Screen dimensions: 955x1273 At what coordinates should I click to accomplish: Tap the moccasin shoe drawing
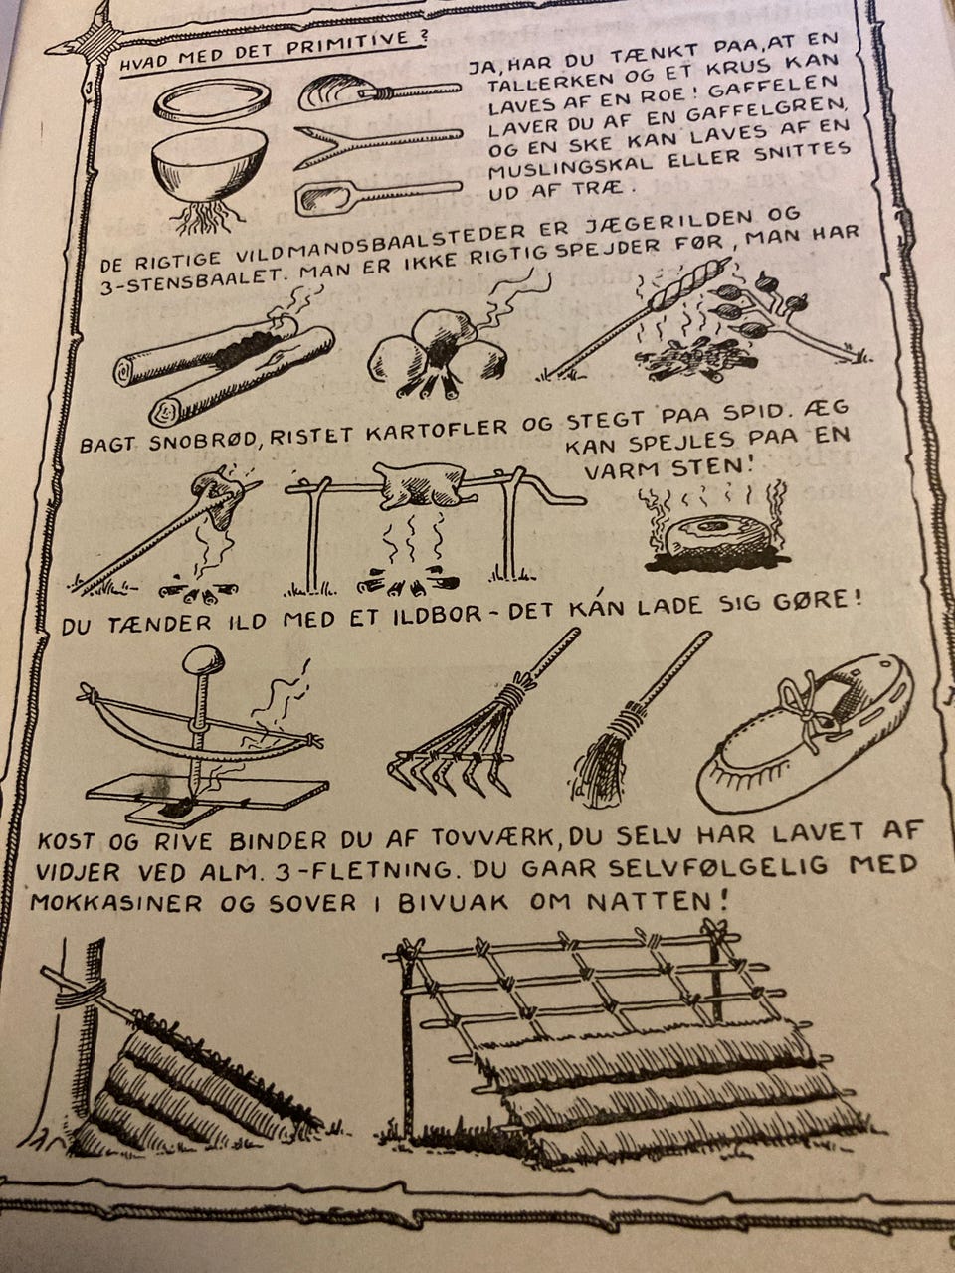click(x=804, y=733)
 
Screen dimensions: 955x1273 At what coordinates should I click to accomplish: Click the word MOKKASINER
click(x=116, y=904)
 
